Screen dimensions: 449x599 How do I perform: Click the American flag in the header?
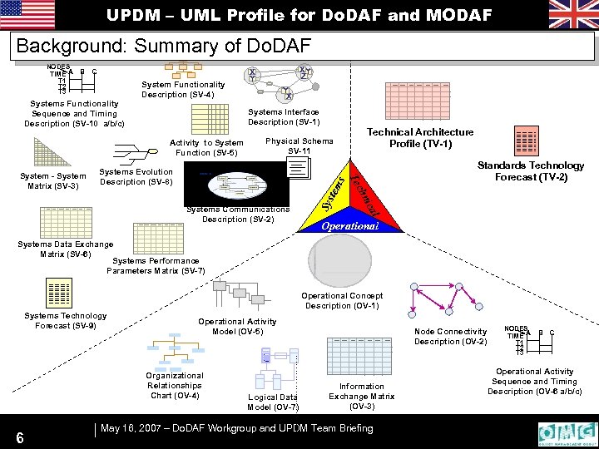click(x=27, y=14)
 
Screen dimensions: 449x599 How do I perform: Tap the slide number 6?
click(x=18, y=437)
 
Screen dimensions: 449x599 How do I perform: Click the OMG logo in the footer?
click(x=567, y=434)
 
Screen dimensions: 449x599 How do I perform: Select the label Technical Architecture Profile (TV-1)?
click(x=420, y=138)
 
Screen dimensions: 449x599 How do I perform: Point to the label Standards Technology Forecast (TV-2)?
click(x=530, y=171)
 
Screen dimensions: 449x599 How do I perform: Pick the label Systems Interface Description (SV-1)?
click(x=284, y=117)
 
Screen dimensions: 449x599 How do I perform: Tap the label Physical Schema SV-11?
click(x=299, y=146)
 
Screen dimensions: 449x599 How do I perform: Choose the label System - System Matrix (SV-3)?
click(x=53, y=181)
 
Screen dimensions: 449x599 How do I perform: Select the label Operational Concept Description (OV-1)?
click(x=342, y=300)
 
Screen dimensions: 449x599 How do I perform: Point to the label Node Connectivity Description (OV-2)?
click(x=450, y=337)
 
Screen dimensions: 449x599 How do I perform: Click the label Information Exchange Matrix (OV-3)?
click(x=362, y=396)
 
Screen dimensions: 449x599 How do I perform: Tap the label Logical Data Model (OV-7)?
click(x=273, y=402)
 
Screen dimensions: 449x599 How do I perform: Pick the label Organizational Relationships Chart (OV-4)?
click(x=175, y=385)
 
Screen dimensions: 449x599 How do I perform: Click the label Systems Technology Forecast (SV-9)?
click(x=66, y=320)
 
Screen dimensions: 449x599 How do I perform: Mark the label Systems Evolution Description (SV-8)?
click(x=136, y=176)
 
